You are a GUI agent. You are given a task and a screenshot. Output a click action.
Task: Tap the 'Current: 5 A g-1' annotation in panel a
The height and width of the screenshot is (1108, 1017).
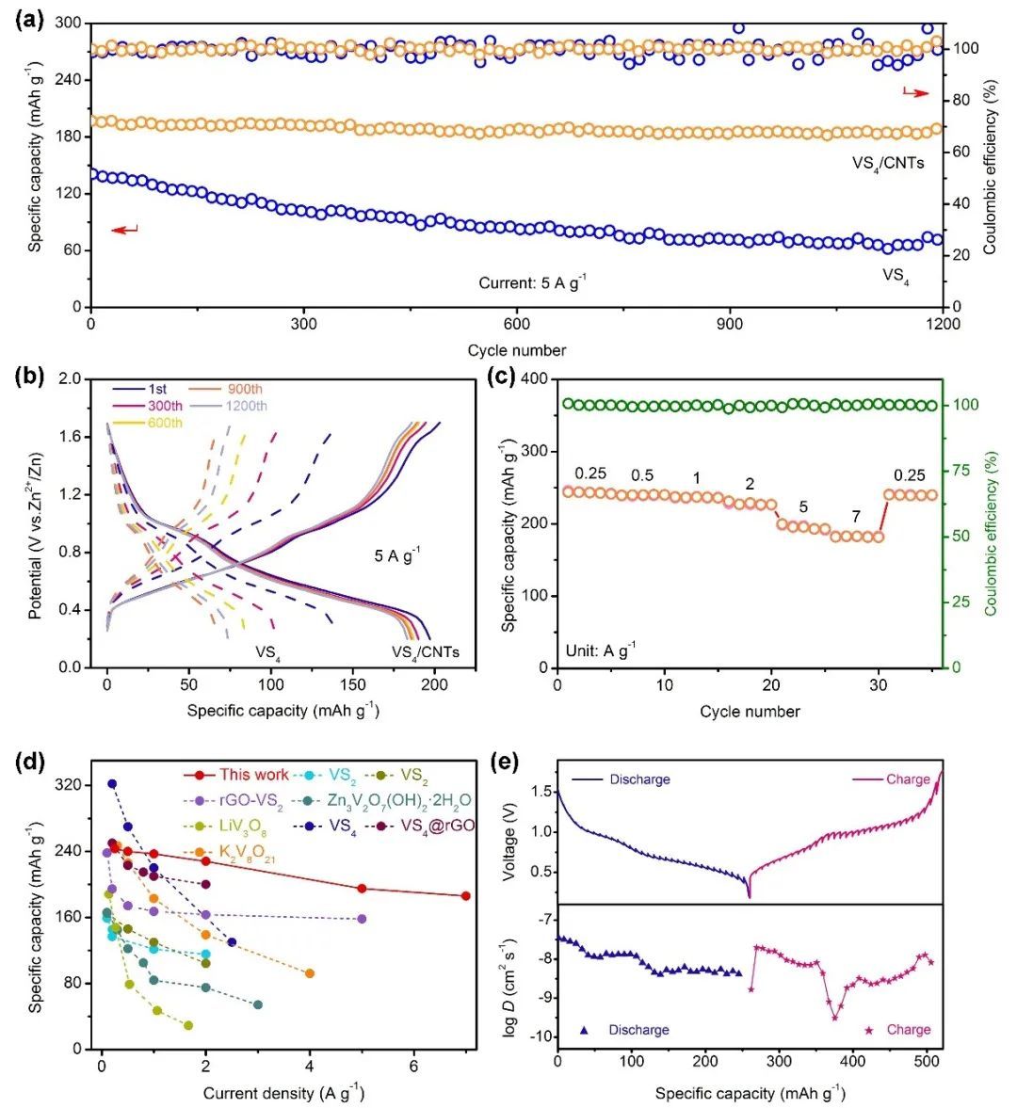pyautogui.click(x=533, y=281)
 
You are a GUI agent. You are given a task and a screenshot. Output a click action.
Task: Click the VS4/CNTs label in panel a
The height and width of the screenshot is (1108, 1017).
pyautogui.click(x=887, y=163)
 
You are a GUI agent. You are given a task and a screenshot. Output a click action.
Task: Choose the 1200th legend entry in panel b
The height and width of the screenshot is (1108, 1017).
pyautogui.click(x=244, y=406)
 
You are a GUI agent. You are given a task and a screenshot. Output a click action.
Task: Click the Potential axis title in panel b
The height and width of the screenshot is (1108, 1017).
pyautogui.click(x=36, y=522)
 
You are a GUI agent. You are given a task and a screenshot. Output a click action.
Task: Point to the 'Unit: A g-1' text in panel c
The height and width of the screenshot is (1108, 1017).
pyautogui.click(x=600, y=650)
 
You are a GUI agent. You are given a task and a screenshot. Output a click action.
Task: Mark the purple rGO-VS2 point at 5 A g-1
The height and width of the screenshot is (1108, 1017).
pyautogui.click(x=362, y=919)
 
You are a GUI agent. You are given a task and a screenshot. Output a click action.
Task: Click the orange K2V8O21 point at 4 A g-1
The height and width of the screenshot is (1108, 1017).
pyautogui.click(x=310, y=973)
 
